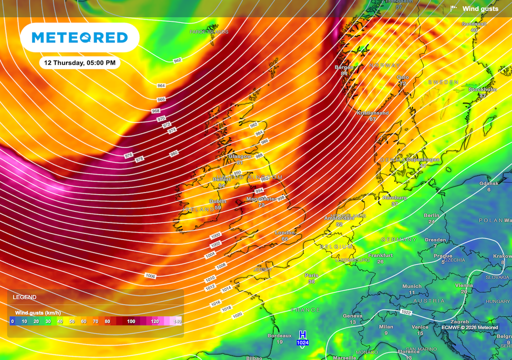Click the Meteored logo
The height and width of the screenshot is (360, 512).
(79, 37)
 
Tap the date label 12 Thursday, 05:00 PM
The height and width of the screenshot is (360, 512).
(79, 63)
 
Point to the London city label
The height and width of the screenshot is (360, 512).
(284, 233)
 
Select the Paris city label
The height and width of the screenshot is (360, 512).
(311, 275)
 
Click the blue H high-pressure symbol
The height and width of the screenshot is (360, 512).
(302, 334)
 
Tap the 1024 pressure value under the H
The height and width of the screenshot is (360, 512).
(302, 342)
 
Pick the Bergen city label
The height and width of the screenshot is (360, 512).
(343, 67)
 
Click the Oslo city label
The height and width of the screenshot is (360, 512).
(402, 77)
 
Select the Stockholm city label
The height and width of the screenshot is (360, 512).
(482, 89)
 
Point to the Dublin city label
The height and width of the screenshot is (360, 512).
(217, 201)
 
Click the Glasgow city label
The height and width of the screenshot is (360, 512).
(239, 156)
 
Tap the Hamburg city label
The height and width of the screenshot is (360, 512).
(394, 198)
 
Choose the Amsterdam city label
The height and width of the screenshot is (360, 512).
(339, 218)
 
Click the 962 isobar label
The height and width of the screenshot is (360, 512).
(177, 60)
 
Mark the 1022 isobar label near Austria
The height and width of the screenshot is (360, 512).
(406, 312)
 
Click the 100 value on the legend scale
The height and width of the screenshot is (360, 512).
(131, 321)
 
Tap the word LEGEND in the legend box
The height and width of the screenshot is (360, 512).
(24, 297)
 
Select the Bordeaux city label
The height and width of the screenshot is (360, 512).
(279, 335)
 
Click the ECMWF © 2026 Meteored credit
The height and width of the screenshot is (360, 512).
(469, 327)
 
